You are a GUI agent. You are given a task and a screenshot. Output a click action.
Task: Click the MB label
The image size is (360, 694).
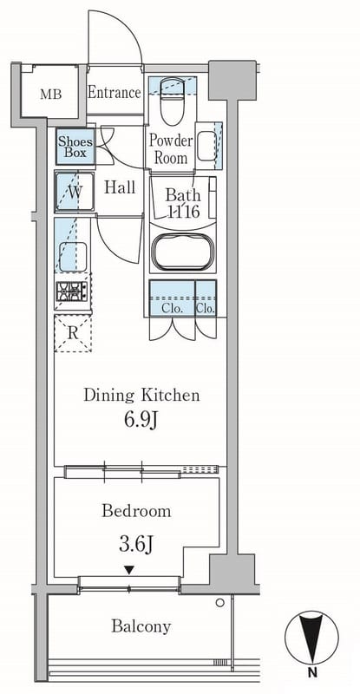pyautogui.click(x=51, y=95)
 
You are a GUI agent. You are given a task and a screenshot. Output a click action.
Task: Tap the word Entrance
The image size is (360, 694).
pyautogui.click(x=115, y=93)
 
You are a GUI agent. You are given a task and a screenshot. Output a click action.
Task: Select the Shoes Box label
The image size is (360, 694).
pyautogui.click(x=75, y=147)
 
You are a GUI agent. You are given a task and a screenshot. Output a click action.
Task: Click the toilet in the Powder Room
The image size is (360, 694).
pyautogui.click(x=172, y=101)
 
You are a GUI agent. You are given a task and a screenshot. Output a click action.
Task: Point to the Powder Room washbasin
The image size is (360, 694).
pyautogui.click(x=205, y=147)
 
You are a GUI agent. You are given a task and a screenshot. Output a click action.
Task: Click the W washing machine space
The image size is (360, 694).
pyautogui.click(x=75, y=192)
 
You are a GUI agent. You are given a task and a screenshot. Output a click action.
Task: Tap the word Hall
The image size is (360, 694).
pyautogui.click(x=120, y=187)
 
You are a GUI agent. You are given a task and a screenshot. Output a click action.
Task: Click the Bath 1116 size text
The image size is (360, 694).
pyautogui.click(x=183, y=203)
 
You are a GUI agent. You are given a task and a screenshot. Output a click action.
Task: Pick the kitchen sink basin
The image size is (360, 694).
pyautogui.click(x=73, y=256)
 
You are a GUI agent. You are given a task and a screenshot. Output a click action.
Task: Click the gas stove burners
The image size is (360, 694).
pyautogui.click(x=73, y=291)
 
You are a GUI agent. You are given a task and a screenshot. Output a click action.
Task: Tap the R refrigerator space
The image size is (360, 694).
pyautogui.click(x=73, y=333)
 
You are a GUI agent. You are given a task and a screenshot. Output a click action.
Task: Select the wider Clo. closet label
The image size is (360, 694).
pyautogui.click(x=173, y=310)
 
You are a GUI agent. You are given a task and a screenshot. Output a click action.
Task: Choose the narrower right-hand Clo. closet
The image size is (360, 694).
pyautogui.click(x=206, y=298)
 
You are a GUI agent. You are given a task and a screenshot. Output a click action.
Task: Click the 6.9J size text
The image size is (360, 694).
pyautogui.click(x=141, y=420)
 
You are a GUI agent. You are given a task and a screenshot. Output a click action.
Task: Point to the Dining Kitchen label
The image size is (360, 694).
pyautogui.click(x=141, y=395)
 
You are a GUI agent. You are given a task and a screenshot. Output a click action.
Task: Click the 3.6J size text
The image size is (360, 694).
pyautogui.click(x=136, y=544)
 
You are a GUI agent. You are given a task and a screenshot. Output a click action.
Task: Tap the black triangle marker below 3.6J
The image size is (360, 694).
pyautogui.click(x=129, y=570)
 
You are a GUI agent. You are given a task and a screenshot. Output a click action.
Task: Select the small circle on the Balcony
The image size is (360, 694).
pyautogui.click(x=219, y=602)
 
